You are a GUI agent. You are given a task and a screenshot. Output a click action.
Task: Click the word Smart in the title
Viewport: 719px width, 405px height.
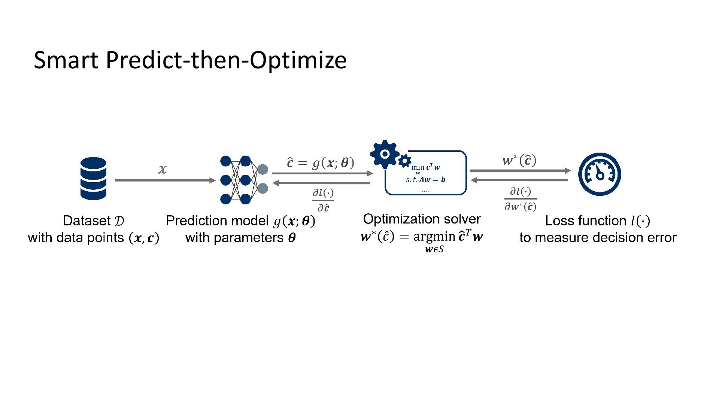[x=66, y=60]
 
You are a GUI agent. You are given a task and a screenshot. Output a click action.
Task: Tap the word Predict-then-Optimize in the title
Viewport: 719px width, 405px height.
[x=226, y=60]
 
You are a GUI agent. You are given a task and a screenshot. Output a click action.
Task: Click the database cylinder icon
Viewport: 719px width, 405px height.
[x=93, y=178]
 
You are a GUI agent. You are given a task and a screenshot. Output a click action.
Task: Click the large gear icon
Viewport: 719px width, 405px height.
[x=384, y=154]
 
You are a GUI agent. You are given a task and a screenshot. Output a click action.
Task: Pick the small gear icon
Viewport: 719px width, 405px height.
[x=404, y=161]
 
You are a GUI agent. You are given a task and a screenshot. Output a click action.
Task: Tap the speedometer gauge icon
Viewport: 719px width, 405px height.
[x=600, y=174]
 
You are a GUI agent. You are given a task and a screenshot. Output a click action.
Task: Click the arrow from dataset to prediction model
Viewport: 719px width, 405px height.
[x=165, y=180]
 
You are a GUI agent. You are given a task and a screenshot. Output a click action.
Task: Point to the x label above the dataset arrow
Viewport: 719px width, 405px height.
[x=162, y=169]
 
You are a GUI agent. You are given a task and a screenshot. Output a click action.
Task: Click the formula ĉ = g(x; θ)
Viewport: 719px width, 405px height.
[x=320, y=163]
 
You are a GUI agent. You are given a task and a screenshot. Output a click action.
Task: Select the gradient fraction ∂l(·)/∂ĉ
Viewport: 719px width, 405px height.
[x=323, y=200]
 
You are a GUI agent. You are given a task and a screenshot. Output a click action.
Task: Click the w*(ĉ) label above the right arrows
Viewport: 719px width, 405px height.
[x=519, y=160]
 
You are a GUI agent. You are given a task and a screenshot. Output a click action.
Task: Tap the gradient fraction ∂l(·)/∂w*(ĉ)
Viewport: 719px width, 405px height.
[x=521, y=199]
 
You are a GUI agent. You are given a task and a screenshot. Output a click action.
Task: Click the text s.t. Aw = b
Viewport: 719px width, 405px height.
[x=426, y=180]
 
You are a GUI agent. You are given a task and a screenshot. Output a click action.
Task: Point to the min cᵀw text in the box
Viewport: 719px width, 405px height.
[x=426, y=168]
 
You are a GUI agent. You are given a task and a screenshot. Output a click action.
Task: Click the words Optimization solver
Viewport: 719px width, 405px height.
[x=422, y=219]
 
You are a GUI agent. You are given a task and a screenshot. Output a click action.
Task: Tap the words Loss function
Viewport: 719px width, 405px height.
[x=585, y=220]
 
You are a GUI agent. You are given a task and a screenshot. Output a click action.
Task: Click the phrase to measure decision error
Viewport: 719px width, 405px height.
[x=598, y=238]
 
